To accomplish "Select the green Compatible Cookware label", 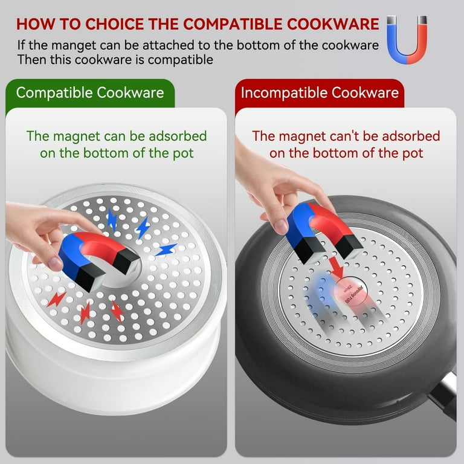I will [90, 93].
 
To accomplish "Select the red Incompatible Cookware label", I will [320, 93].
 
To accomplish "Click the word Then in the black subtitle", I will [30, 59].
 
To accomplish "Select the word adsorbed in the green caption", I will [179, 136].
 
